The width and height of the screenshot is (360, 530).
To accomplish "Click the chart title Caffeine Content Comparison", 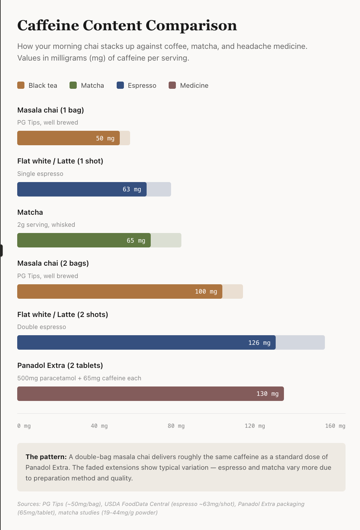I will coord(127,25).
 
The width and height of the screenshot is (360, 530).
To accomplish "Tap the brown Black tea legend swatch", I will coord(21,85).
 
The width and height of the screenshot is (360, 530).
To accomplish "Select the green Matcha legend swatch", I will coord(73,85).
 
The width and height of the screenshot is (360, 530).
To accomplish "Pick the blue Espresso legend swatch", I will coord(120,85).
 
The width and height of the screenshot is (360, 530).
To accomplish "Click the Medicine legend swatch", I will coord(172,85).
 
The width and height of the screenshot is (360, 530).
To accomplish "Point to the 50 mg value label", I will coord(105,138).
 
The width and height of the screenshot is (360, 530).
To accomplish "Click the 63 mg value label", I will coord(132,189).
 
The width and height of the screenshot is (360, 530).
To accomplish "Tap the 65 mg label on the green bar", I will coord(136,241).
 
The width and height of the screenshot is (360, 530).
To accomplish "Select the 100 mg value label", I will coord(206,291).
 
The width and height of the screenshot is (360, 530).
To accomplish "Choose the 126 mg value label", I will coord(259,343).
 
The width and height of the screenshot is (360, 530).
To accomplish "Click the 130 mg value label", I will coord(267,394).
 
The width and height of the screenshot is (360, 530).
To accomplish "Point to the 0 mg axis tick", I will coord(24,426).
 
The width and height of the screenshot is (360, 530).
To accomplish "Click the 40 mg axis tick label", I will coord(99,426).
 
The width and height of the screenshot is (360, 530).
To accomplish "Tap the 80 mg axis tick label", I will coord(176,426).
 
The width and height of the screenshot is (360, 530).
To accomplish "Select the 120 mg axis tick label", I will coord(255,426).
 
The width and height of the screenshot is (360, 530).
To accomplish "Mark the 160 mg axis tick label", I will coord(335,426).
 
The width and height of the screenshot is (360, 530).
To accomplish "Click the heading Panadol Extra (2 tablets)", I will coord(60,365).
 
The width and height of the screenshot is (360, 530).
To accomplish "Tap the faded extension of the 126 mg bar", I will coord(300,343).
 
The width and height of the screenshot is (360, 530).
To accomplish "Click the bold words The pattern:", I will coord(46,457).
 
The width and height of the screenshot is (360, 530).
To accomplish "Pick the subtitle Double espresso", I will coord(42,327).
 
